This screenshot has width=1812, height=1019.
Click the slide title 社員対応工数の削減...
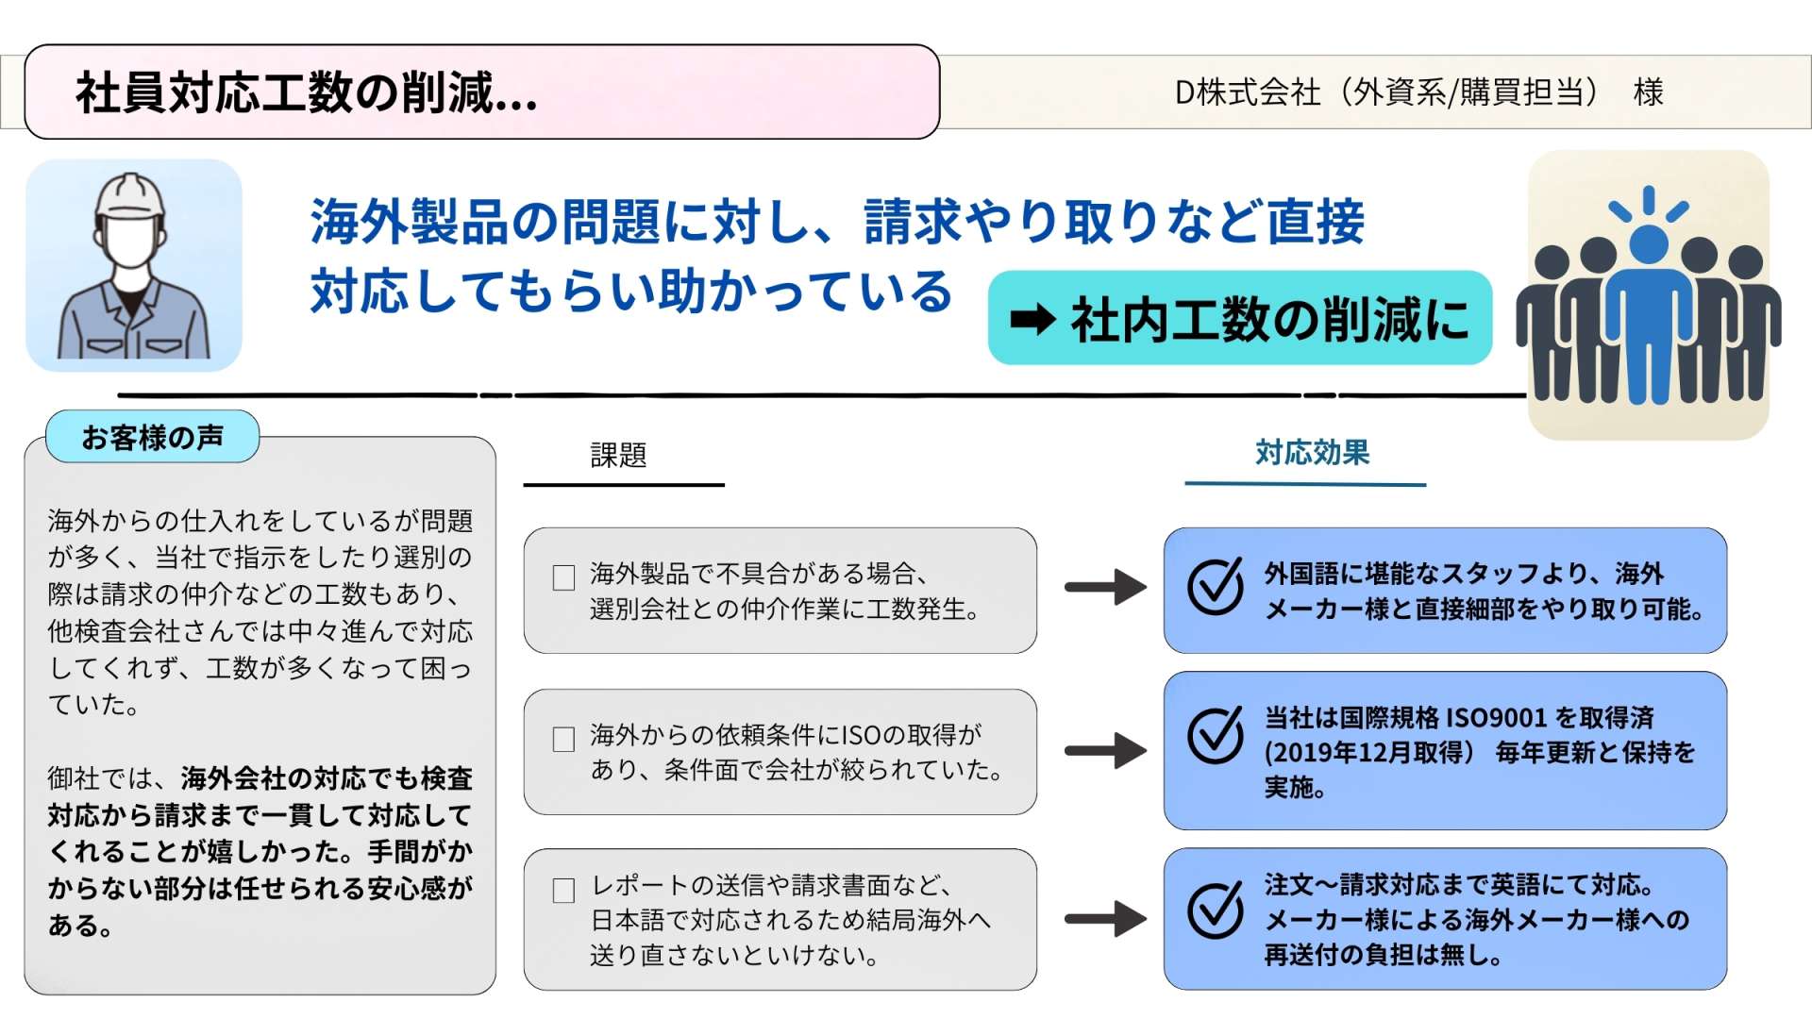tap(307, 93)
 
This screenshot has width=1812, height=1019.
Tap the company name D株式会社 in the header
tap(1246, 92)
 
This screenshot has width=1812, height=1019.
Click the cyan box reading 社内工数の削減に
tap(1239, 319)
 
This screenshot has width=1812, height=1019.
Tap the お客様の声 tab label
tap(152, 437)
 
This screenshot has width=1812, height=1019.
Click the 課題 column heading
tap(618, 456)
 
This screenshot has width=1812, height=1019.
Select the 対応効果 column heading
tap(1312, 453)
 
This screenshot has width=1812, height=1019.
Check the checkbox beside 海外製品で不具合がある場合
tap(563, 577)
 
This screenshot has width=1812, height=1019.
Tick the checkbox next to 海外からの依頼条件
tap(563, 739)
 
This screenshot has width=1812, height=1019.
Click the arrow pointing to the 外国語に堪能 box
tap(1105, 587)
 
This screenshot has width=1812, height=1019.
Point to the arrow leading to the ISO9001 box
tap(1105, 751)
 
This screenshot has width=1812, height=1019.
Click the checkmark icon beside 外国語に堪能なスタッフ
tap(1216, 586)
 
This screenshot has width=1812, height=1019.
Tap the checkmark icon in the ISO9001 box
tap(1216, 735)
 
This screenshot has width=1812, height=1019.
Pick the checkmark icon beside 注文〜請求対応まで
tap(1216, 910)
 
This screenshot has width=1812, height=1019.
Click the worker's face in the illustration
tap(130, 241)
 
